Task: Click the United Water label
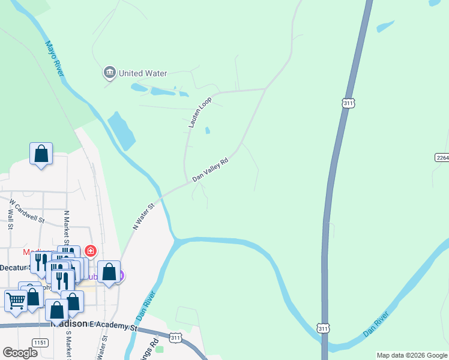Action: (142, 73)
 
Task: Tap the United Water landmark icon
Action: (109, 73)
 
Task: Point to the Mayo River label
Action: (55, 58)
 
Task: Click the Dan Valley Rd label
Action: (211, 170)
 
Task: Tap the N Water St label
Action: (143, 216)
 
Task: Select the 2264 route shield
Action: (442, 157)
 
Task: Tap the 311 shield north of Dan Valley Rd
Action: (349, 103)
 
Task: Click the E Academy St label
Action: (114, 328)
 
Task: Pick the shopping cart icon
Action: (16, 300)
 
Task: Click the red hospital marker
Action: (90, 250)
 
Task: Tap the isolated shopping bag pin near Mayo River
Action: (41, 154)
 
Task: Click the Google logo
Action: (20, 352)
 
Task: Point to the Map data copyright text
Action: (412, 355)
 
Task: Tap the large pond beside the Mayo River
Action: (122, 130)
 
